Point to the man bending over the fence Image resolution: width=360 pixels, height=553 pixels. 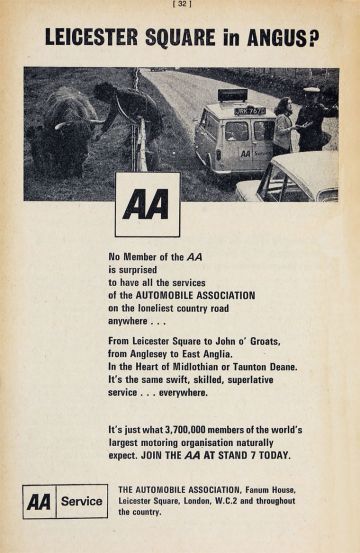[x=127, y=111]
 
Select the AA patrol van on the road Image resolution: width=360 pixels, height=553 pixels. [x=236, y=141]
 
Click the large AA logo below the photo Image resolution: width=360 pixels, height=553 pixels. [x=147, y=205]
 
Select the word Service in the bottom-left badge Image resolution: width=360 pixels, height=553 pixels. [x=80, y=501]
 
